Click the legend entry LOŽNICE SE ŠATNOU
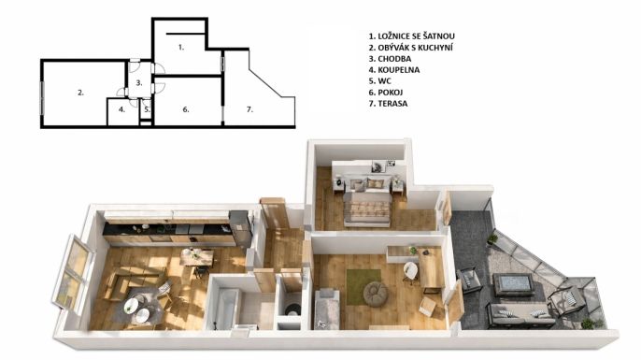coord(416,36)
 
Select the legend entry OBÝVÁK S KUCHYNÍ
coord(415,48)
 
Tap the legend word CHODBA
coord(394,59)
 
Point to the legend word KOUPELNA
coord(399,70)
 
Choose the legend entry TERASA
coord(392,104)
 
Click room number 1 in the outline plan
coord(181,48)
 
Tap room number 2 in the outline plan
coord(80,93)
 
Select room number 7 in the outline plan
coord(249,109)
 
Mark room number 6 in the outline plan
coord(186,109)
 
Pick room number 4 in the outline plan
coord(121,109)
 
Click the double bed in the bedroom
coord(366,200)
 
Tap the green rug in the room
coord(363,287)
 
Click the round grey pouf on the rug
coord(376,294)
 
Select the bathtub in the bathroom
coord(226,309)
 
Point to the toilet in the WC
coord(292,310)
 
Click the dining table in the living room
coord(197,257)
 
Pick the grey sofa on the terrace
coord(520,315)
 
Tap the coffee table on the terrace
coord(513,284)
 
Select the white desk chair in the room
coord(411,272)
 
